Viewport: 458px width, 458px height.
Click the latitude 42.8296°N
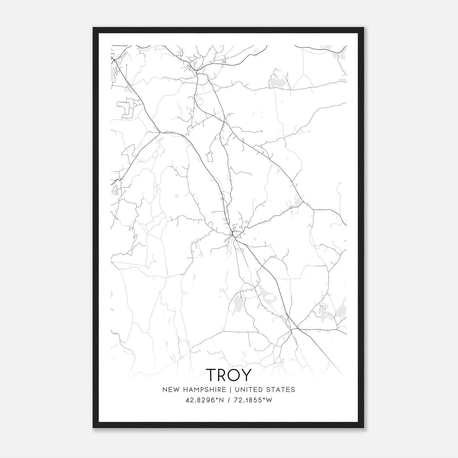(204, 400)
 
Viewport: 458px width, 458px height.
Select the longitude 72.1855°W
(253, 400)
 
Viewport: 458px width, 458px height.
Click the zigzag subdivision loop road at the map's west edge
(126, 109)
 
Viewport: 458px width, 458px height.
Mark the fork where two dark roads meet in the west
(159, 132)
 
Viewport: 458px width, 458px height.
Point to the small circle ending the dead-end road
(262, 131)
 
